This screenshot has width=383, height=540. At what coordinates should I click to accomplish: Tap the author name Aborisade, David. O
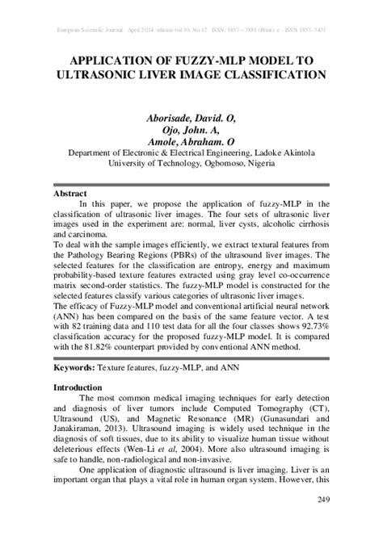point(191,117)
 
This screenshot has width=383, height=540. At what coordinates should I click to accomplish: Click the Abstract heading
point(70,195)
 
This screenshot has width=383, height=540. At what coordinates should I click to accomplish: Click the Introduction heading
point(78,387)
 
